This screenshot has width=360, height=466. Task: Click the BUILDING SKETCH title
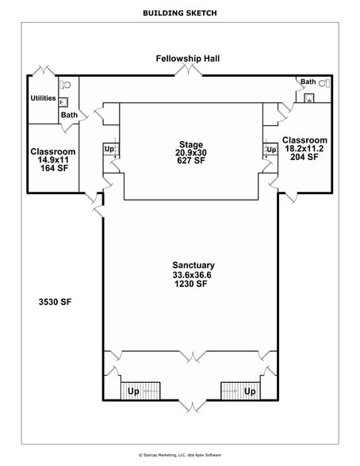click(179, 13)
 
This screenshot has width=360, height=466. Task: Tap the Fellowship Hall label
click(188, 59)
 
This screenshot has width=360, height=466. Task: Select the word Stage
click(190, 144)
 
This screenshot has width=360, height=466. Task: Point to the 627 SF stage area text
click(190, 161)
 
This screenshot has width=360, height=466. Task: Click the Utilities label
click(43, 98)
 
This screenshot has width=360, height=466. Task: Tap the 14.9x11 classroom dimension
click(53, 160)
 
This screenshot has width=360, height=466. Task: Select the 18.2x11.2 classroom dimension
click(304, 148)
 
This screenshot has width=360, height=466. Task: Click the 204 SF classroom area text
click(304, 157)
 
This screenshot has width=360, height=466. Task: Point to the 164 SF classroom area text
click(53, 169)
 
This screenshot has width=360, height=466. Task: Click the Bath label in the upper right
click(308, 82)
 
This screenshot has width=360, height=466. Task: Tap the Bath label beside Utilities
click(70, 115)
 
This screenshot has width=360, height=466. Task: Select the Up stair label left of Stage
click(109, 149)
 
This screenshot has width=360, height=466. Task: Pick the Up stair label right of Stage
click(271, 149)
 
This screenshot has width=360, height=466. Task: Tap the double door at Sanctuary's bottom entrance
click(190, 406)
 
